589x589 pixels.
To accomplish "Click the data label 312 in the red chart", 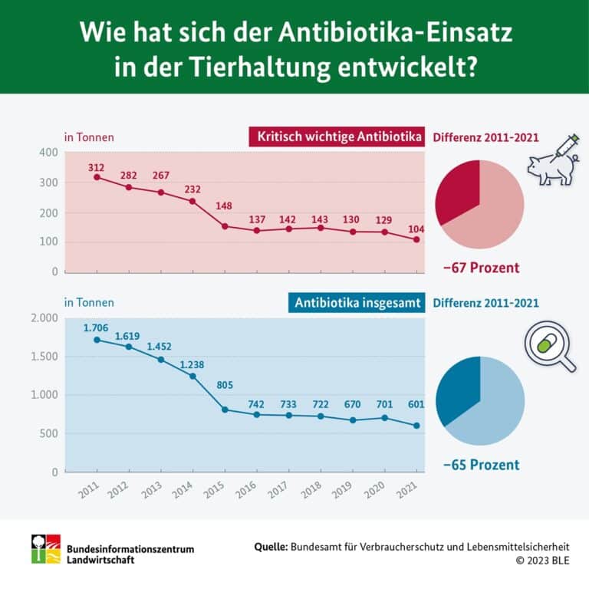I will click(x=97, y=168).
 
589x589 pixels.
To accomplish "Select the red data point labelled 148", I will click(x=225, y=226).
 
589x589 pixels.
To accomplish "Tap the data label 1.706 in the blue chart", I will click(x=97, y=328).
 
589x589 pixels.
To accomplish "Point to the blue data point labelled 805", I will click(x=225, y=410).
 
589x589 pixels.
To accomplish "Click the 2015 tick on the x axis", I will click(x=218, y=492).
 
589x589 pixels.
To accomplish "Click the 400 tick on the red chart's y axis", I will click(x=48, y=153).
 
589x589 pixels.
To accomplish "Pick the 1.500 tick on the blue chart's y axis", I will click(x=43, y=357).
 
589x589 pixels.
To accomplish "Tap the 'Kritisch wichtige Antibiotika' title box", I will click(x=336, y=137).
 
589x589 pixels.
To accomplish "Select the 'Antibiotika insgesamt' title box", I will click(x=357, y=303).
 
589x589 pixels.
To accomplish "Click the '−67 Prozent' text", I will click(x=481, y=268).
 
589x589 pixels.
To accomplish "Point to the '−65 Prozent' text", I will click(x=481, y=465).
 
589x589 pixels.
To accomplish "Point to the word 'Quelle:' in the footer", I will click(x=271, y=546).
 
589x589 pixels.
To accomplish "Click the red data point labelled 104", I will click(x=416, y=239).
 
